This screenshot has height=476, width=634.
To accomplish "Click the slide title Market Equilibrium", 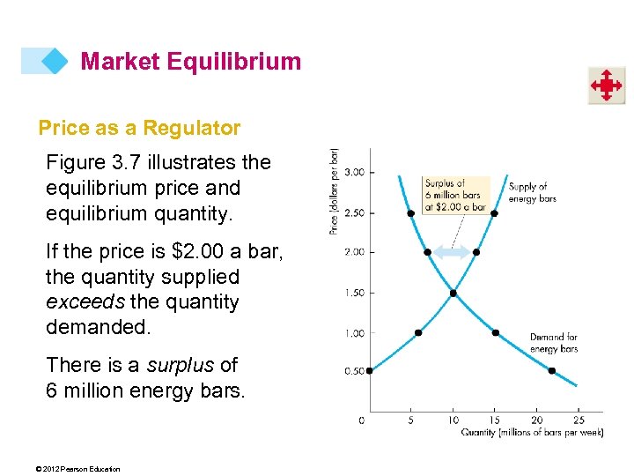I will [x=190, y=62].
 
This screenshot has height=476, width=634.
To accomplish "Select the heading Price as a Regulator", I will [x=139, y=128].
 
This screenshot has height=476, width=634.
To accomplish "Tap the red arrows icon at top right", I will [x=606, y=86].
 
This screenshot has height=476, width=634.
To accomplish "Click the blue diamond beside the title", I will [x=54, y=61].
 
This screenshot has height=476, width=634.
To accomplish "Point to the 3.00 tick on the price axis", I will [x=355, y=172].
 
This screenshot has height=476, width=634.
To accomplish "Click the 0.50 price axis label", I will [x=355, y=371].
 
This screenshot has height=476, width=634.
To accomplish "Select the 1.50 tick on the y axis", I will [x=355, y=293].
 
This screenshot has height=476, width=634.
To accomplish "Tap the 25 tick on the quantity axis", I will [x=578, y=420].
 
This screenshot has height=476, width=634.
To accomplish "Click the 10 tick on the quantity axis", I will [x=453, y=420].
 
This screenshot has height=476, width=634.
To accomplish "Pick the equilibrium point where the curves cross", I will [x=453, y=293].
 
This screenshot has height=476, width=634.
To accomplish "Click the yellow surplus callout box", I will [x=454, y=195].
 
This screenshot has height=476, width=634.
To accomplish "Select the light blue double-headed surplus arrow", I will [x=452, y=252].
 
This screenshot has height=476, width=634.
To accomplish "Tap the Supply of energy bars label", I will [x=532, y=192].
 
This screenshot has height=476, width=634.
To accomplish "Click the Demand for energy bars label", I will [x=553, y=343].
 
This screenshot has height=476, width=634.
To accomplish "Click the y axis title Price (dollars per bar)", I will [x=335, y=190].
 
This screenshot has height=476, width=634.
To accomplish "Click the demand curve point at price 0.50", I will [x=551, y=370].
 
